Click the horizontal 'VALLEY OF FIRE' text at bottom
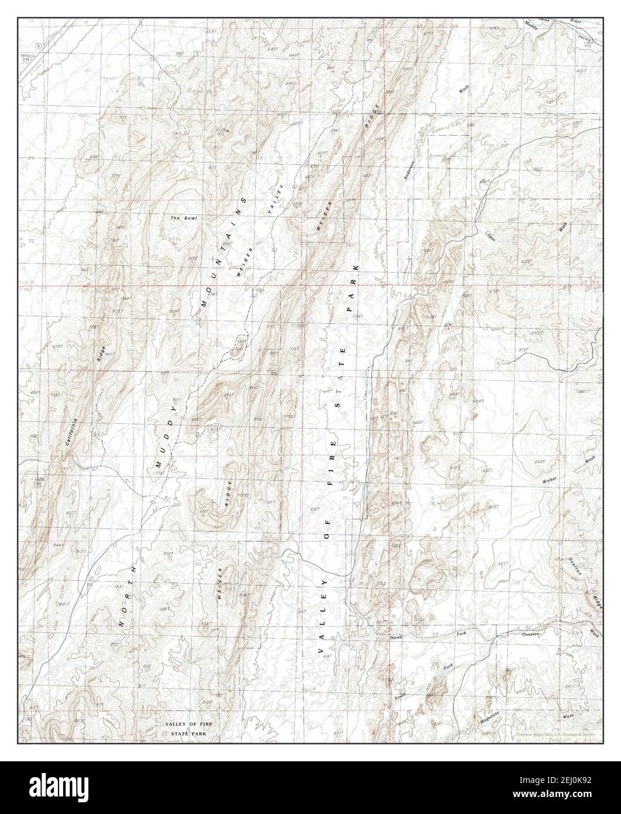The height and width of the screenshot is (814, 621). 189,725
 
